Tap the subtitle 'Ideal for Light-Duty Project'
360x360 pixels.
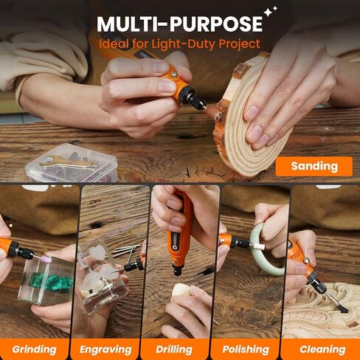tap(180, 44)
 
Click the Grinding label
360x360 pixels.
tap(34, 349)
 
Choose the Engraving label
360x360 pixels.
tap(105, 349)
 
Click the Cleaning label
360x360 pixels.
tap(322, 349)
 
